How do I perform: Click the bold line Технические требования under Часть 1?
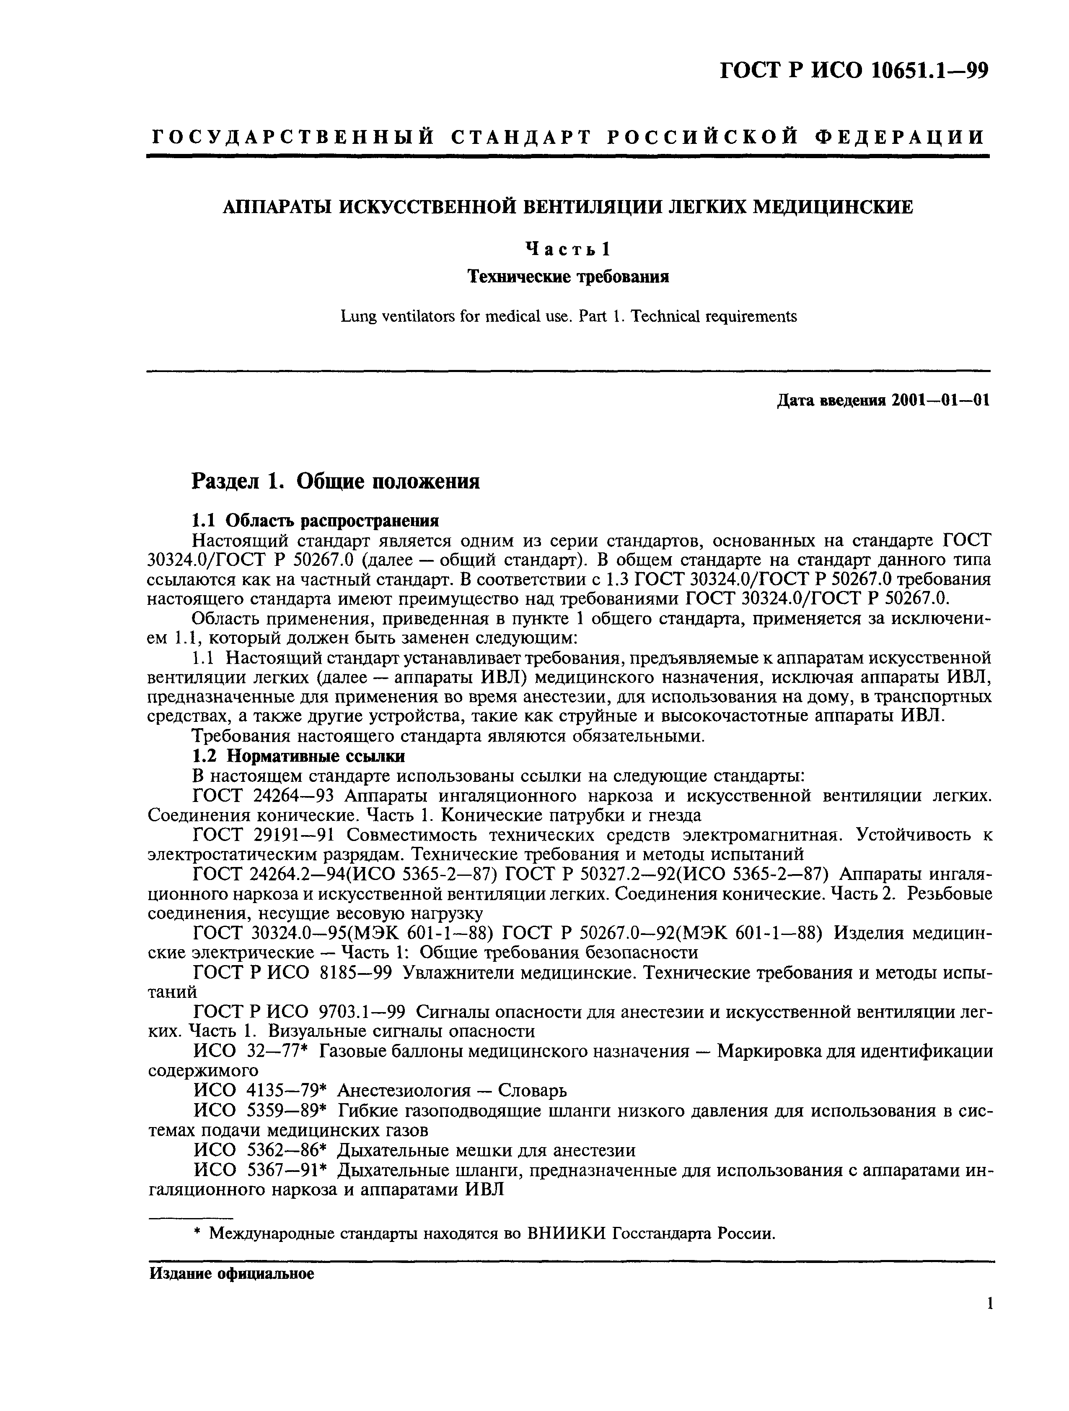point(567,276)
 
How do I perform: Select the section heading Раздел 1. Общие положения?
point(336,481)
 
